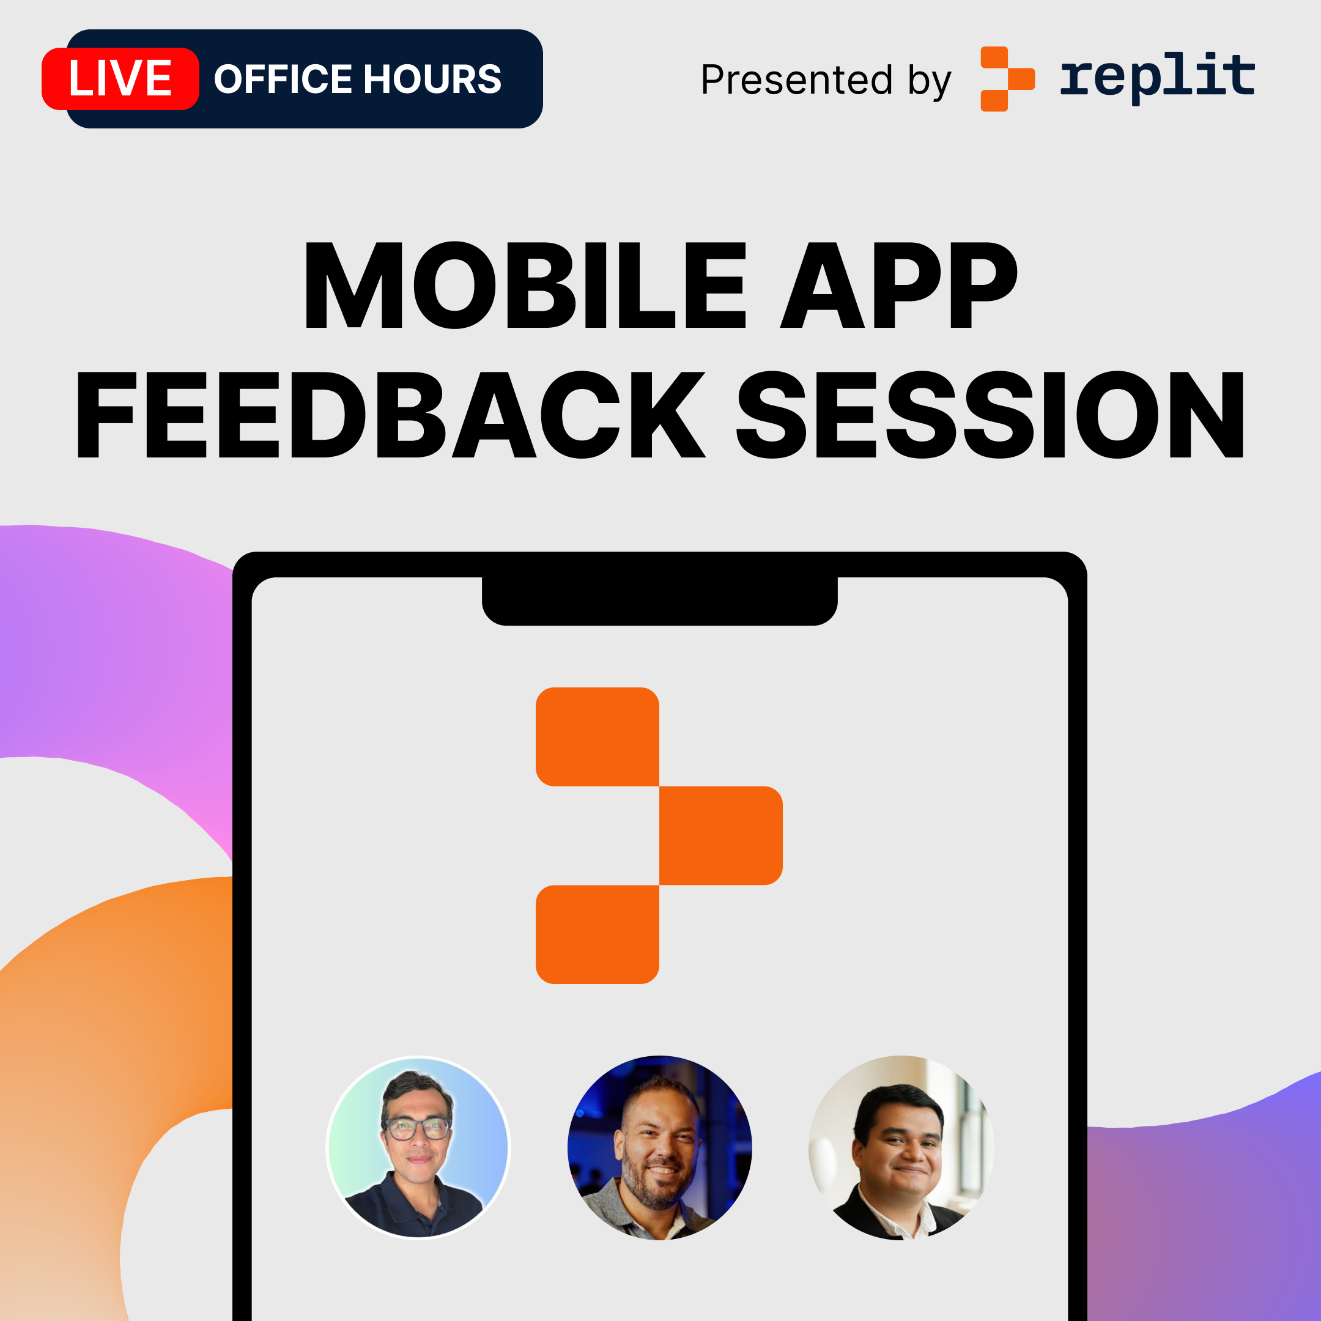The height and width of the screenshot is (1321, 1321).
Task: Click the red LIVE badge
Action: (x=120, y=79)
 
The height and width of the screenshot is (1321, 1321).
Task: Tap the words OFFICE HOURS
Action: (x=358, y=80)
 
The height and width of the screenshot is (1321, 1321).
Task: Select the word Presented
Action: (x=796, y=80)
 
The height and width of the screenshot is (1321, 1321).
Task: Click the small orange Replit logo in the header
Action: (x=1007, y=79)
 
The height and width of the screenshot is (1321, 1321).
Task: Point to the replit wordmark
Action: (x=1158, y=77)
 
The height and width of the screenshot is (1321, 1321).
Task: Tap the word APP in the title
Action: (x=898, y=286)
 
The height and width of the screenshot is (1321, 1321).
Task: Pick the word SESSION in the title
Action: (x=990, y=415)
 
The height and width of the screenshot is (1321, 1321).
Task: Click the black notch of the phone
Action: (x=660, y=601)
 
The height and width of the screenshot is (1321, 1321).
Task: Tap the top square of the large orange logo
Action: (x=598, y=736)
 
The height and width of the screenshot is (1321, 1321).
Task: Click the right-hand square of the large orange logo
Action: (x=720, y=835)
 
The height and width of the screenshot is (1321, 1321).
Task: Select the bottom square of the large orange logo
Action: (x=598, y=934)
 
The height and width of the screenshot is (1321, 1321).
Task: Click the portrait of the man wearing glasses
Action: (x=418, y=1147)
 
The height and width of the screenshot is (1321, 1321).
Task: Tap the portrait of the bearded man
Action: (x=660, y=1147)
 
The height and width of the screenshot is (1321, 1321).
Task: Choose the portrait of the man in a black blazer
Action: (x=901, y=1147)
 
